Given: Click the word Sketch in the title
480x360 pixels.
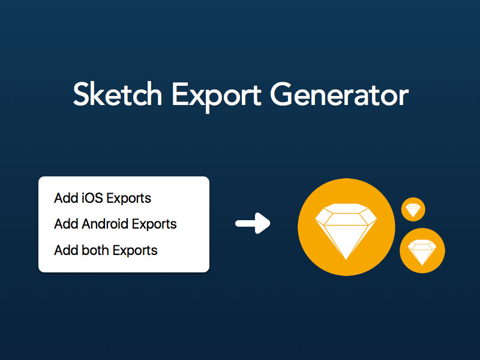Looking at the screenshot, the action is (118, 94).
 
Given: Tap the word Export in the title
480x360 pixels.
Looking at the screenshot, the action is (217, 97).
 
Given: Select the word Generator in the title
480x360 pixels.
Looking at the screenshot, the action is (339, 94).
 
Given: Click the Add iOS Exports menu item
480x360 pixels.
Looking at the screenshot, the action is (103, 199).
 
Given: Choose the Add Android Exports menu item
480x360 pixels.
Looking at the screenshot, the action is (115, 224).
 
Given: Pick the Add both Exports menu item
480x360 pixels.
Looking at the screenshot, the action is (106, 250).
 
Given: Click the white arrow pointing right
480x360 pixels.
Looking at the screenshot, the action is (253, 223).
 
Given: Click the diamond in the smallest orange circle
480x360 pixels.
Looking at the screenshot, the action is (413, 211).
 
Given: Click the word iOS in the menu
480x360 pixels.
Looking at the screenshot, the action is (92, 198).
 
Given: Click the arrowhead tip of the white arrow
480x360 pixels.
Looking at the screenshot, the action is (270, 223).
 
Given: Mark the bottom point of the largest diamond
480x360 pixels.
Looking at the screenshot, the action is (346, 260).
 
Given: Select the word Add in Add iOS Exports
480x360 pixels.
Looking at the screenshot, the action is (66, 199).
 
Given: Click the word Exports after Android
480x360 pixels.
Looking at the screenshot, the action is (154, 224).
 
